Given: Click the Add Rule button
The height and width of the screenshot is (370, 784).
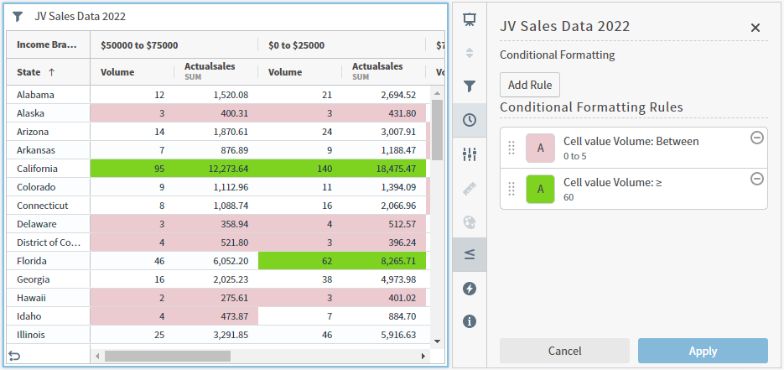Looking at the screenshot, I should click(530, 85).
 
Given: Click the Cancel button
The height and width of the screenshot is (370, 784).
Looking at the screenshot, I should click(564, 351).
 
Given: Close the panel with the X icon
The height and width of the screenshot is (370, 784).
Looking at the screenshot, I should click(755, 28).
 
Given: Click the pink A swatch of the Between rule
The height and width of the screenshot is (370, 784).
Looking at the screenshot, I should click(540, 149).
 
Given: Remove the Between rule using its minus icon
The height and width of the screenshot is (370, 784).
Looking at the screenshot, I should click(756, 138).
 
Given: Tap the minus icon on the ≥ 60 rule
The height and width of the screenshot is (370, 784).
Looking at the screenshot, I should click(756, 179).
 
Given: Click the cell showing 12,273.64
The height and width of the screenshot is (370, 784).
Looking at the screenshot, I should click(216, 169).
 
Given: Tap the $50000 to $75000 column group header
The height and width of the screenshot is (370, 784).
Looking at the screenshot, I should click(139, 45).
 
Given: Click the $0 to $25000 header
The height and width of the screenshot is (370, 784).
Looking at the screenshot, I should click(296, 45).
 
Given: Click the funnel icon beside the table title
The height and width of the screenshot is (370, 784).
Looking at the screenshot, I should click(18, 16).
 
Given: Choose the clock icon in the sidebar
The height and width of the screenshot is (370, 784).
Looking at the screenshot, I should click(470, 120).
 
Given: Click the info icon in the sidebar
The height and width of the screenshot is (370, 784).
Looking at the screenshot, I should click(470, 321).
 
